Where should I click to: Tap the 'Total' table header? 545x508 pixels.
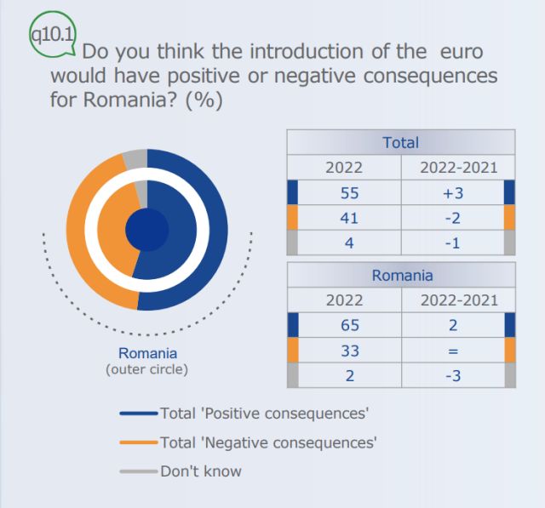tap(400, 142)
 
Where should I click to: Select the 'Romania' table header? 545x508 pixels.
tap(401, 275)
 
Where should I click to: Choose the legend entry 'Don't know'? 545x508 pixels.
tap(200, 471)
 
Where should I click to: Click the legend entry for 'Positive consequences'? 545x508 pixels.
tap(263, 414)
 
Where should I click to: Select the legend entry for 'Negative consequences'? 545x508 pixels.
tap(267, 442)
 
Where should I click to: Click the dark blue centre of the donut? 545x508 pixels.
tap(146, 229)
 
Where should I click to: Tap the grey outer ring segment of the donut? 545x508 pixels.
tap(135, 158)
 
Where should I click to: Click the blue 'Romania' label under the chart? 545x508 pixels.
tap(146, 353)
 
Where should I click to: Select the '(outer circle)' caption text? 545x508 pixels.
tap(146, 369)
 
